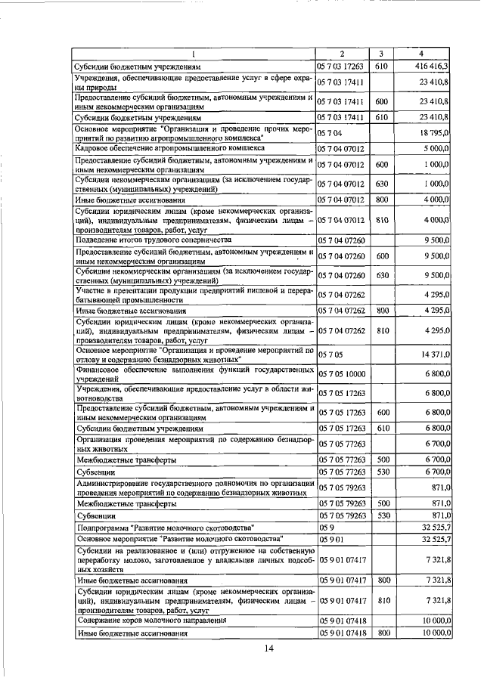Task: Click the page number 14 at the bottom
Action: (x=268, y=648)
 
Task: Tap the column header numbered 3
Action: (x=382, y=53)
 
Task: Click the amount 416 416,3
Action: (x=431, y=67)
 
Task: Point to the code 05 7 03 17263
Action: (x=342, y=67)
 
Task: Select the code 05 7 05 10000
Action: (x=342, y=373)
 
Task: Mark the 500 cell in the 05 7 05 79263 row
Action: (x=382, y=503)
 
